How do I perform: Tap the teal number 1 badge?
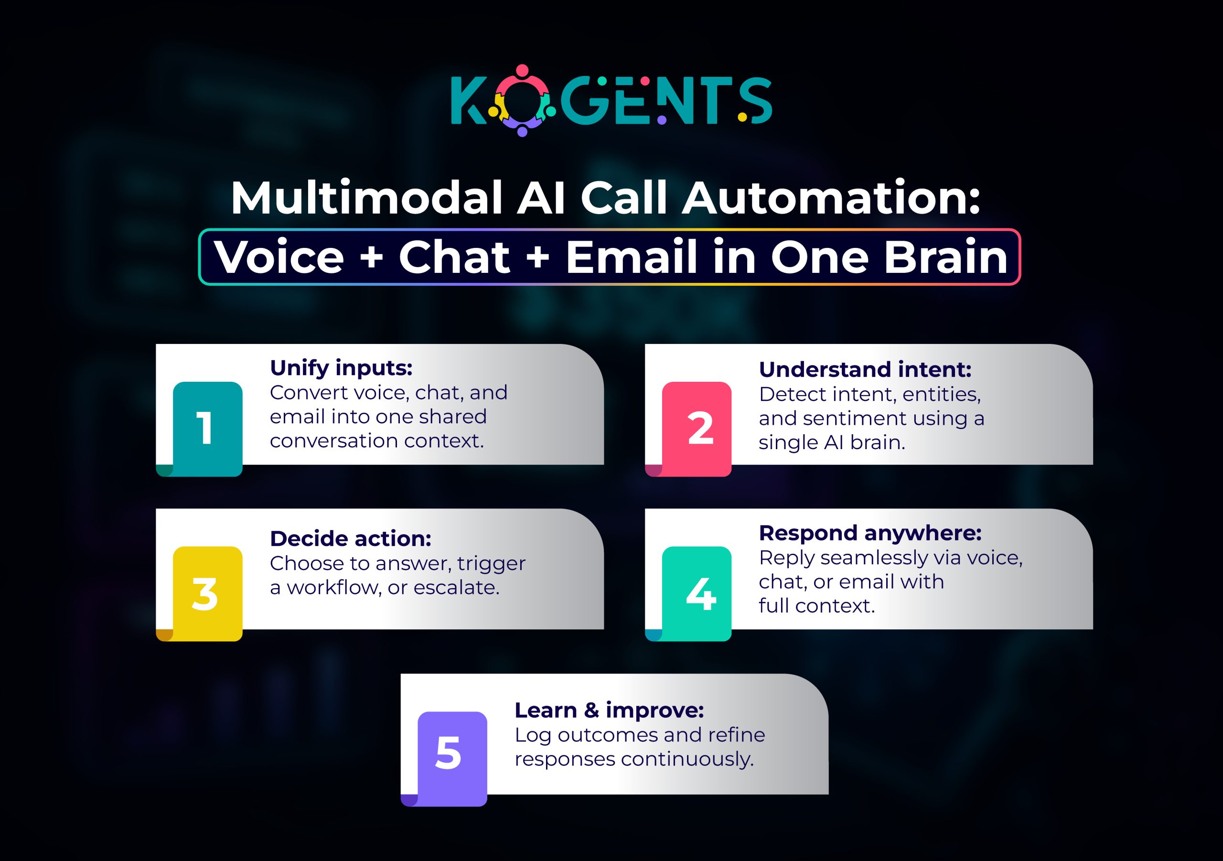(207, 429)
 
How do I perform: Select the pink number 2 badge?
(697, 429)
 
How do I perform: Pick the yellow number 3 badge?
(207, 593)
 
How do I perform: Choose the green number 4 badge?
(697, 593)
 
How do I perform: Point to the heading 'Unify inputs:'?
(341, 367)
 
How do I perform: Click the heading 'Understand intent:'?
(865, 369)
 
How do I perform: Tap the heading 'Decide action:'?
(351, 538)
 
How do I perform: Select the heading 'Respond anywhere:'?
(870, 533)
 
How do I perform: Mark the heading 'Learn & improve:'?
(609, 710)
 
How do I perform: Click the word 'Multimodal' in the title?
(367, 198)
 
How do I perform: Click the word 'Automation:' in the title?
(831, 198)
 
